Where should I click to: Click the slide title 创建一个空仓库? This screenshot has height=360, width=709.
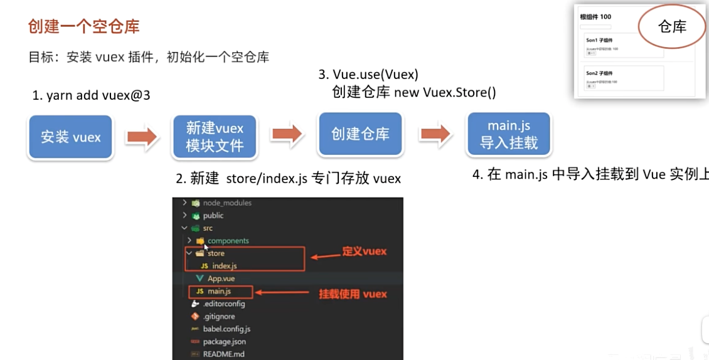(x=84, y=26)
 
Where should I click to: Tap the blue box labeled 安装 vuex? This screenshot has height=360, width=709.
(x=70, y=137)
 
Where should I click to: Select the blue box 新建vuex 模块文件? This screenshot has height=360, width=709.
(x=215, y=137)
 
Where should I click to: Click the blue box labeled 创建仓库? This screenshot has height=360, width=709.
(x=360, y=134)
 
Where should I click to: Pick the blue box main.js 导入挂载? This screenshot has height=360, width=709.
(x=509, y=134)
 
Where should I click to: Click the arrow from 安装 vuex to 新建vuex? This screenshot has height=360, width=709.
(x=142, y=137)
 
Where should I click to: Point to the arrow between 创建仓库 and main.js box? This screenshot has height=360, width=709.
(x=435, y=134)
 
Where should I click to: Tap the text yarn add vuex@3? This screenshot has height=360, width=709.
(x=92, y=96)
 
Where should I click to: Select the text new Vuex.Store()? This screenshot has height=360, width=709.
(x=445, y=93)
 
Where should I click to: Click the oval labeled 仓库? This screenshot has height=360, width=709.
(x=672, y=26)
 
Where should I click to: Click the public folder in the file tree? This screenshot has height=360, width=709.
(x=213, y=216)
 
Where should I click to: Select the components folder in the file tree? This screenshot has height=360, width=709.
(x=228, y=241)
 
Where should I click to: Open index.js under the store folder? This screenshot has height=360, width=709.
(x=224, y=266)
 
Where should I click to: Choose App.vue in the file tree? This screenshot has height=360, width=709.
(x=221, y=278)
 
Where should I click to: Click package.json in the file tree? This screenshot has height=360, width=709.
(x=224, y=342)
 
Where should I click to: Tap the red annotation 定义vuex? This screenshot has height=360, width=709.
(x=365, y=251)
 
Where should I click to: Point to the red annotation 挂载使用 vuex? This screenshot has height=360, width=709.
(x=353, y=294)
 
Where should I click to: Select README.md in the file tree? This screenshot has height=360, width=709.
(x=223, y=354)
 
